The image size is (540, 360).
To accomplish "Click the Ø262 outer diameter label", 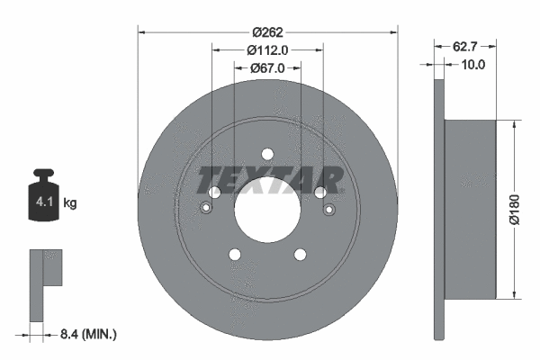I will coord(267,33).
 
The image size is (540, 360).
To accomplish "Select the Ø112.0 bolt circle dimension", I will coord(267,50).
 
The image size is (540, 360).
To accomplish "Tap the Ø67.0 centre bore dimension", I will coord(267,67).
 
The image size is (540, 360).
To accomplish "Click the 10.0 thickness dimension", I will coord(472,65).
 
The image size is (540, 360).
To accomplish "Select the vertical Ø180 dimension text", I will coord(514,210).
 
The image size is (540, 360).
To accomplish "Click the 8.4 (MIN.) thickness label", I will coord(87,334).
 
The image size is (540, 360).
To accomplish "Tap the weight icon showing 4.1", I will coord(45,196).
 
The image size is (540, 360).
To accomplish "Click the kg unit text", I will coord(69,203).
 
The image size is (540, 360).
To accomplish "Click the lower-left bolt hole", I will coord(235,255).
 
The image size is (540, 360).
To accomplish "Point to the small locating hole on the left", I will coord(206,210).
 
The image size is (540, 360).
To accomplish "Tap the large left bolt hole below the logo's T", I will coord(214,193).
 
